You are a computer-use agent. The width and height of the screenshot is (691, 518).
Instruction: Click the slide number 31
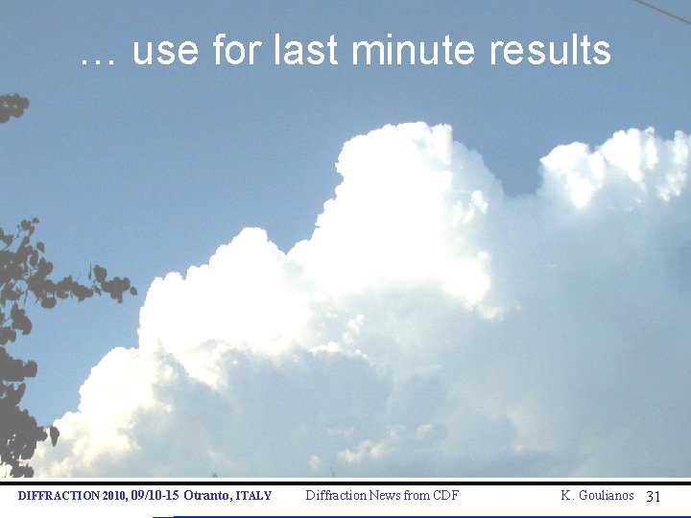[x=654, y=497]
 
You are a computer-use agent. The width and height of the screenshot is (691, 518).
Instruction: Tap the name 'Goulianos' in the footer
[x=606, y=495]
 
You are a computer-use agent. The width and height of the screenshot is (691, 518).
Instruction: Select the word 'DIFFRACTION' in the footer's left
[x=59, y=496]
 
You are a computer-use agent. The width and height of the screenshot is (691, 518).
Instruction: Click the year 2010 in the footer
[x=112, y=496]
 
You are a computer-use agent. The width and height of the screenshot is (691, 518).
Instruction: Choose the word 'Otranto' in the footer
[x=205, y=496]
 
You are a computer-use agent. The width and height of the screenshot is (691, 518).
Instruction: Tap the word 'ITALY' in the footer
[x=253, y=496]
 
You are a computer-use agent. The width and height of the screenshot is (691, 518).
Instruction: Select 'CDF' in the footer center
[x=444, y=495]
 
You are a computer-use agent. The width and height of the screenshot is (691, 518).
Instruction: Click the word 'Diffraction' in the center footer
[x=334, y=495]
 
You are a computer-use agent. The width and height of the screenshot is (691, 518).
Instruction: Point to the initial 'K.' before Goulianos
[x=567, y=495]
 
